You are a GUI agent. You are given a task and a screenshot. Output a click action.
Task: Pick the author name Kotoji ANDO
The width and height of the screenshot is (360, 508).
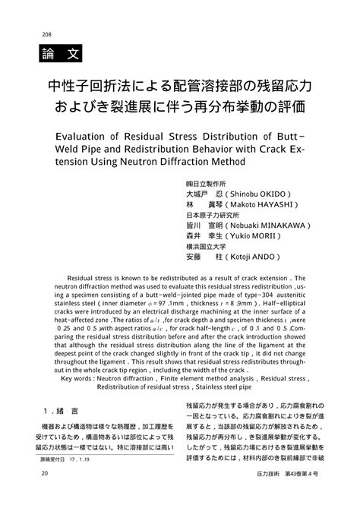pyautogui.click(x=252, y=257)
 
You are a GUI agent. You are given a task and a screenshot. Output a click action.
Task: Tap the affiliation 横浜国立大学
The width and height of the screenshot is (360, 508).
pyautogui.click(x=206, y=246)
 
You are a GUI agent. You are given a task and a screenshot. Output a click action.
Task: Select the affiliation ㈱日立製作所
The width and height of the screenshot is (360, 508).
pyautogui.click(x=206, y=183)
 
